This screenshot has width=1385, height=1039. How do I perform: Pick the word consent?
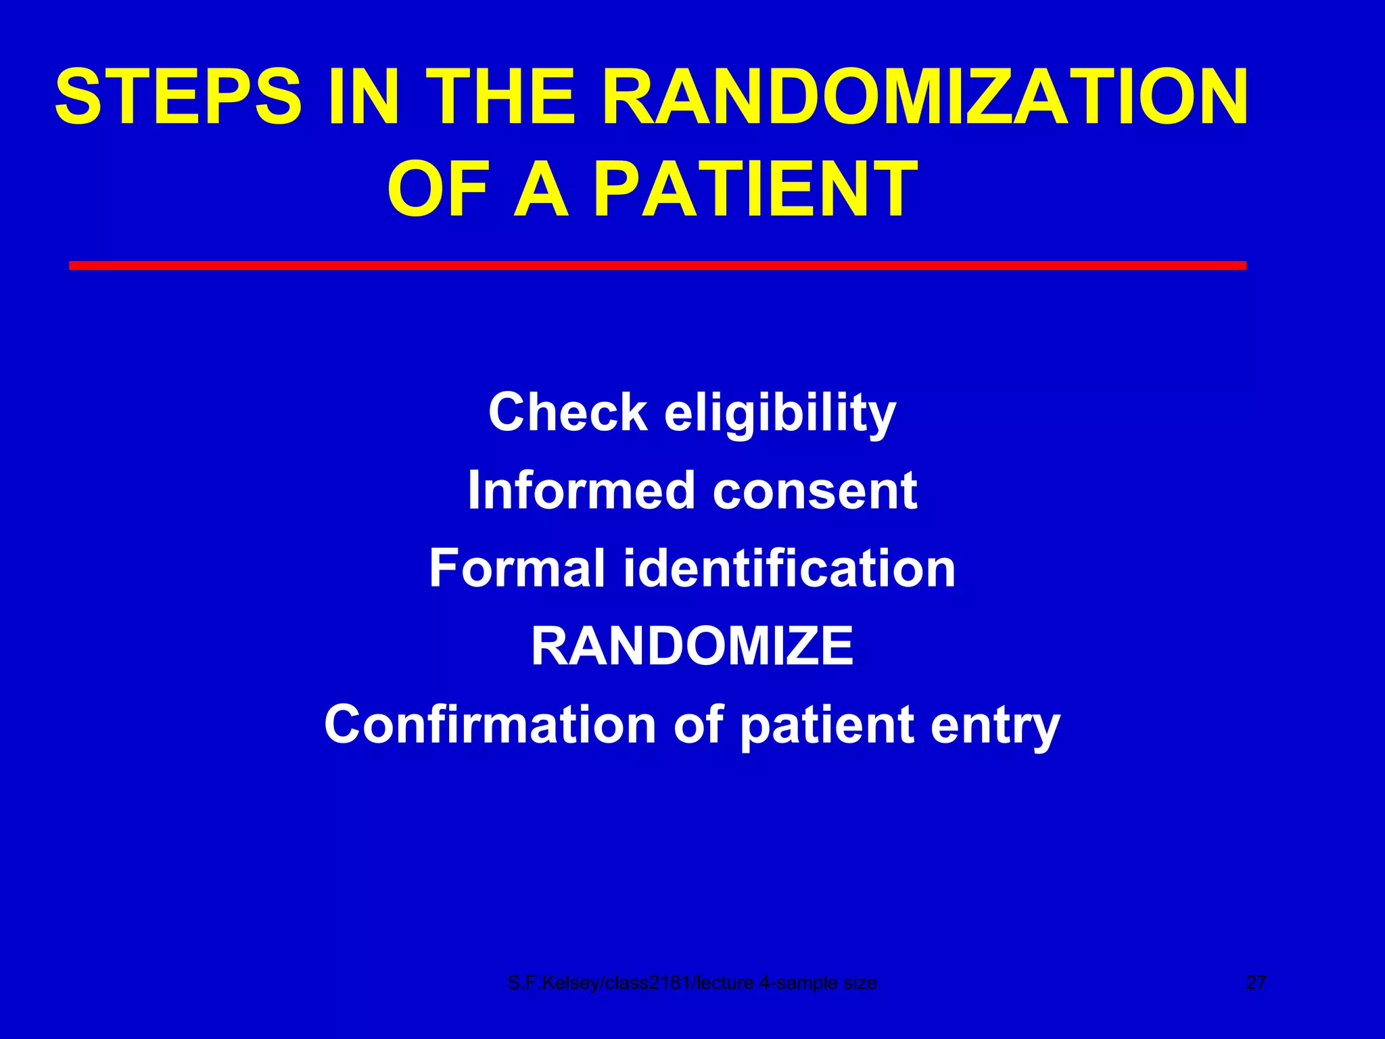815,491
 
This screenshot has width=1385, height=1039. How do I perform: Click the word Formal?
517,568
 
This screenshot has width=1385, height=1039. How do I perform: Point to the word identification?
789,568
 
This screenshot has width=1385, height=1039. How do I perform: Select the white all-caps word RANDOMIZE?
692,646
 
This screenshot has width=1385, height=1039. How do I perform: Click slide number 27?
1256,983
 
